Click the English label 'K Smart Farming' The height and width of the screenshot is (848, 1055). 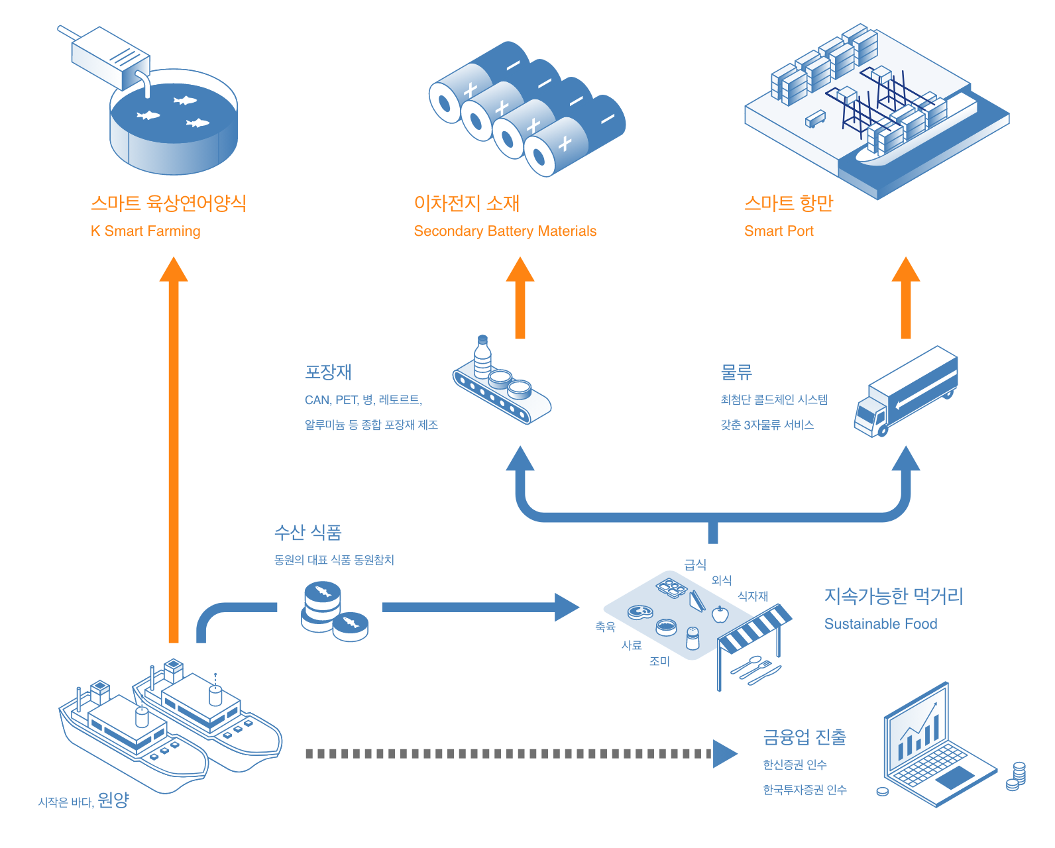(x=145, y=231)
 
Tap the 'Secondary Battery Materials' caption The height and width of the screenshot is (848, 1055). (x=505, y=231)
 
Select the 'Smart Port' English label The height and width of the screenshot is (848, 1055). (x=779, y=231)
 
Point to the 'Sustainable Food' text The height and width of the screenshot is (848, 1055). (x=881, y=624)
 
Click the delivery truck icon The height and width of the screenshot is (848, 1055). (x=906, y=392)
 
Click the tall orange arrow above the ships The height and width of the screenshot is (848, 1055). (x=174, y=450)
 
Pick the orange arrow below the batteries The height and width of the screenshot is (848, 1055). (x=520, y=298)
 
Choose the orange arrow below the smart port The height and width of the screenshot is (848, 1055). (x=906, y=298)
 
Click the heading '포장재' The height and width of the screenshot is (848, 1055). (x=328, y=372)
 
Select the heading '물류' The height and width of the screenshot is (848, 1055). (x=736, y=372)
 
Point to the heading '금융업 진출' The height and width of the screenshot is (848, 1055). (x=805, y=737)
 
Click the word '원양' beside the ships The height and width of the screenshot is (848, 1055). (x=113, y=800)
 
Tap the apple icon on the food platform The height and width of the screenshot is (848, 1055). (x=720, y=614)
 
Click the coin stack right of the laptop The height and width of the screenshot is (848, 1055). (x=1019, y=772)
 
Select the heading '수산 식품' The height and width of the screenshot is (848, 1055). (x=308, y=532)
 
